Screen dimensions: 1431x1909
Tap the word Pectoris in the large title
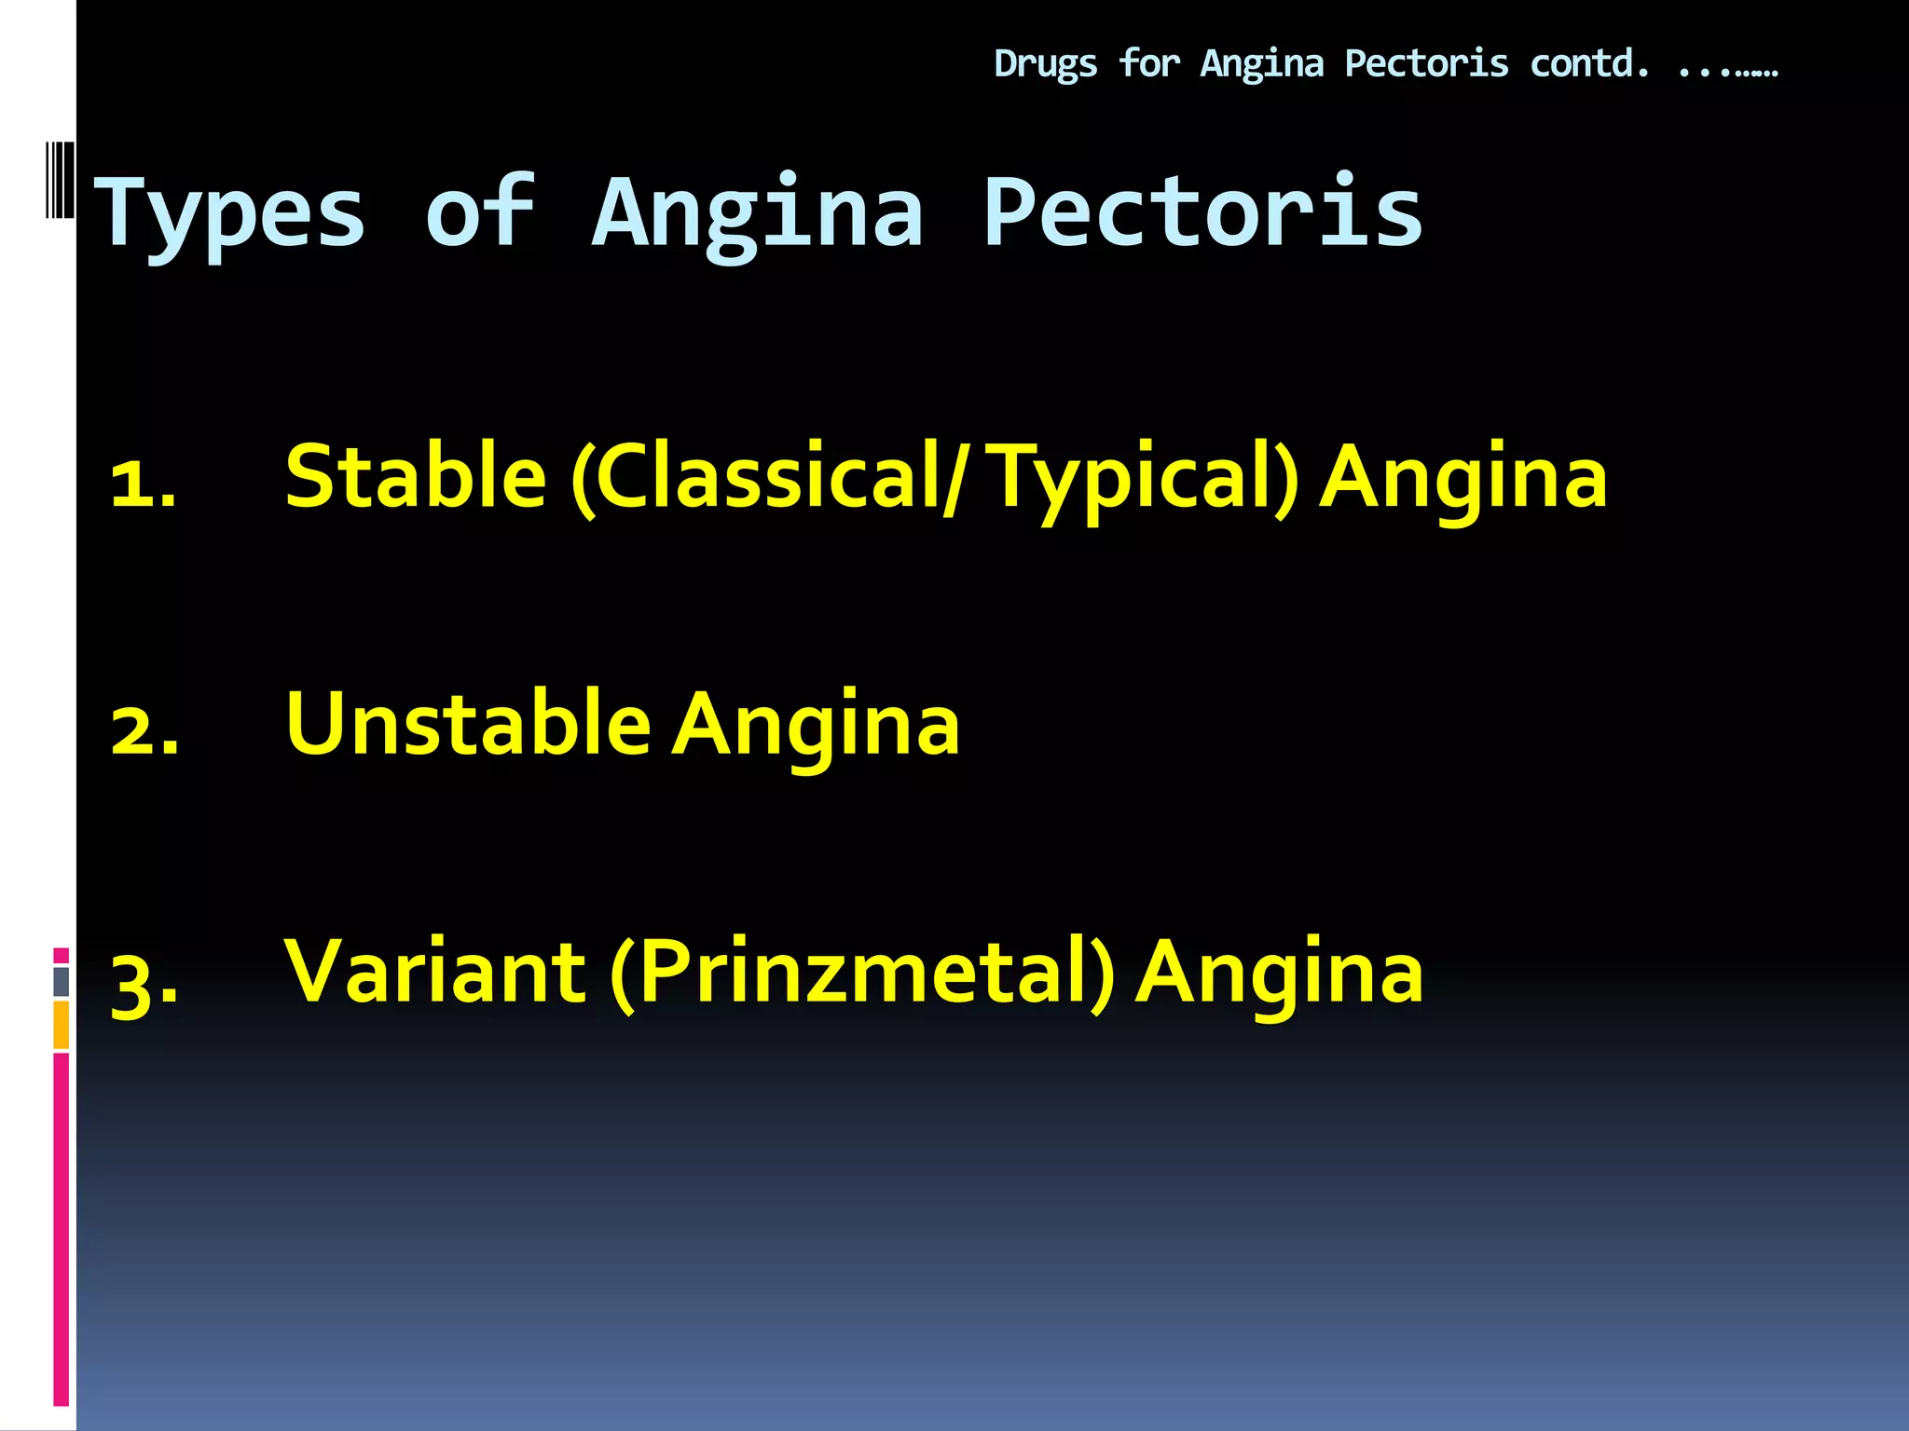[1202, 214]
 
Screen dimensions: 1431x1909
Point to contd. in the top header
[1589, 63]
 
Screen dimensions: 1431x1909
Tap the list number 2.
[144, 731]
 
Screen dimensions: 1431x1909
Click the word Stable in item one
[416, 477]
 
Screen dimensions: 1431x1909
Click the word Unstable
[468, 725]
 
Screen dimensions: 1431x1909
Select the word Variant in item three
[435, 973]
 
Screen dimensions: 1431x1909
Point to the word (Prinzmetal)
[862, 974]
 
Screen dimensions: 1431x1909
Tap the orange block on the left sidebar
[62, 1025]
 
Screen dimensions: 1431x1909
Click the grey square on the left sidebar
[62, 982]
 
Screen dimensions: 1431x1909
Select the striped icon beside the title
[60, 180]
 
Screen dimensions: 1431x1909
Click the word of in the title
[479, 214]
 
